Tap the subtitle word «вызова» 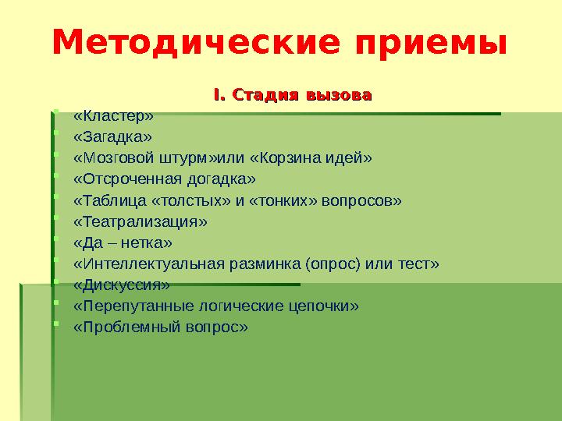click(x=338, y=96)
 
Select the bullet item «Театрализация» click(x=140, y=222)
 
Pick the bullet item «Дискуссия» click(x=121, y=285)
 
